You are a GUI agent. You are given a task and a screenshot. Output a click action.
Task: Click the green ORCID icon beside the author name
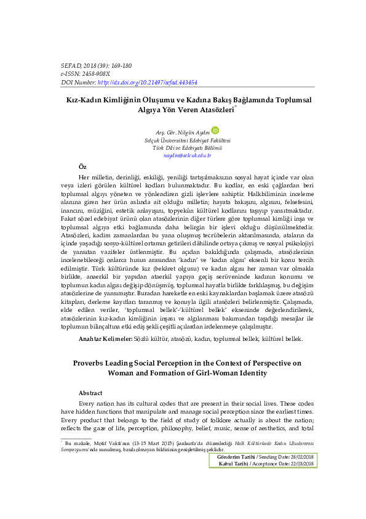coord(215,131)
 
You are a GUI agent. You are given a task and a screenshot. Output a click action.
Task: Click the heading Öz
coord(83,167)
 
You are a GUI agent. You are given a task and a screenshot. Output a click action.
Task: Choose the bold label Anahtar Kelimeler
coord(105,339)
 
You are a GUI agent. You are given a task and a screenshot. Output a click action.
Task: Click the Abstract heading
coord(91,393)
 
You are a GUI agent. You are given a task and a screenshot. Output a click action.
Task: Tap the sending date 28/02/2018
coord(301,456)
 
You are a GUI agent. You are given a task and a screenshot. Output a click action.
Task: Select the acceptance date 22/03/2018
coord(301,464)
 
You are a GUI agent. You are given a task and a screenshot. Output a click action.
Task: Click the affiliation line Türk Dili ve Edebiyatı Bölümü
coord(183,148)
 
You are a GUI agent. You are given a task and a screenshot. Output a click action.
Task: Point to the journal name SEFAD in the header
coord(71,65)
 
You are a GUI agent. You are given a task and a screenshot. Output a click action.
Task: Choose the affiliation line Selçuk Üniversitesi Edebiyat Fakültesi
coord(183,141)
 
